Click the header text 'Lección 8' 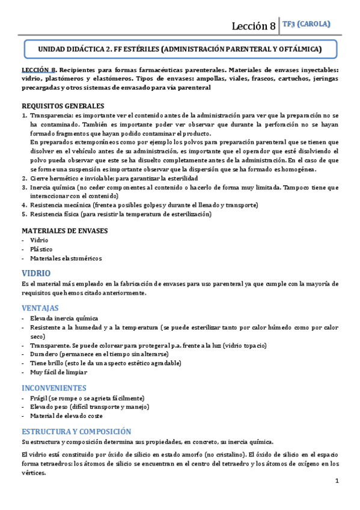pyautogui.click(x=254, y=25)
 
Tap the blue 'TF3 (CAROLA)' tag pyautogui.click(x=306, y=24)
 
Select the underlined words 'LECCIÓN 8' pyautogui.click(x=39, y=70)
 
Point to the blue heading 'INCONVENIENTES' pyautogui.click(x=55, y=388)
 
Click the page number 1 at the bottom pyautogui.click(x=337, y=481)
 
